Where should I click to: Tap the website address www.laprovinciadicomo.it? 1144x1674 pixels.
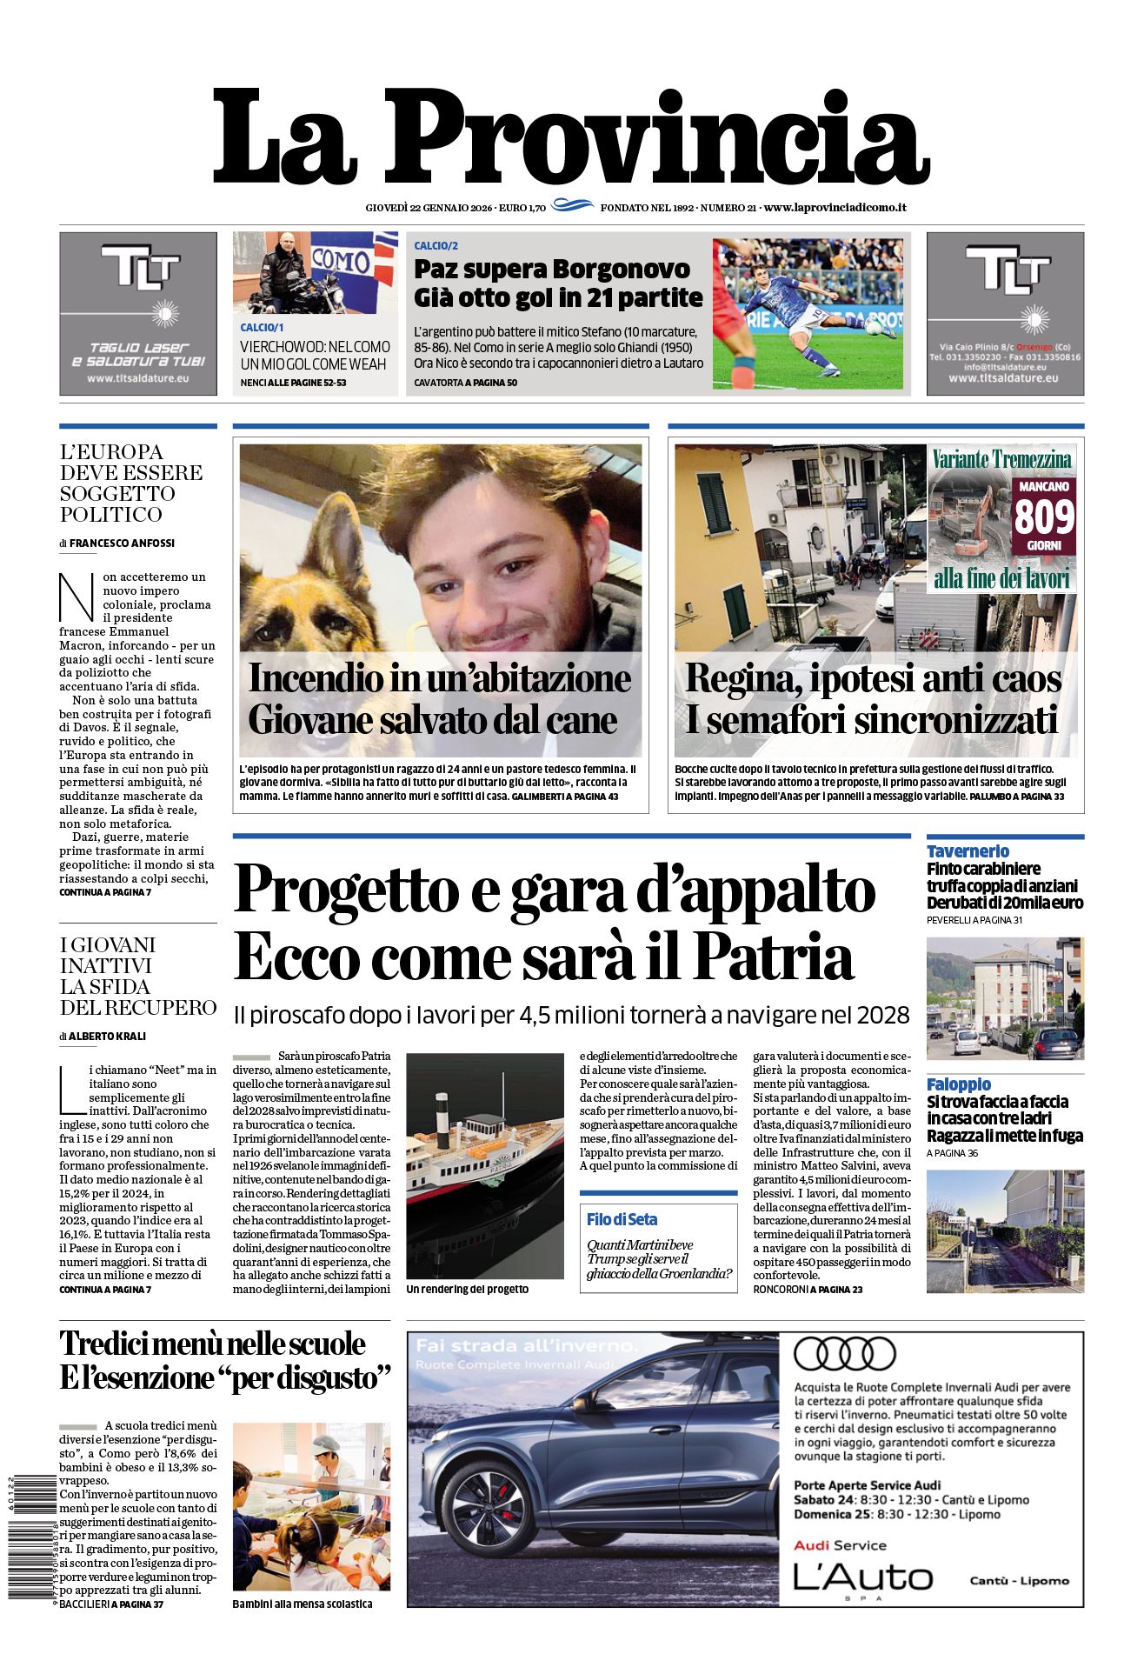(x=835, y=208)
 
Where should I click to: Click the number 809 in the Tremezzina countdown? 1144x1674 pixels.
(x=1044, y=517)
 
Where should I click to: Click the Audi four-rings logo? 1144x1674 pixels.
(x=844, y=1354)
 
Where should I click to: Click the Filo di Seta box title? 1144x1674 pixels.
(x=622, y=1219)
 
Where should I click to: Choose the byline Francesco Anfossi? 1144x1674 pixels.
(x=122, y=543)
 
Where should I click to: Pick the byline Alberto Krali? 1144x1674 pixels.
(x=107, y=1036)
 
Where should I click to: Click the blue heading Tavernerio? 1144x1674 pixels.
(x=968, y=851)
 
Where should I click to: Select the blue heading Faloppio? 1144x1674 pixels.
(x=958, y=1084)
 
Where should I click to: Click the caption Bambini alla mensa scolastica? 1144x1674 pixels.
(x=302, y=1604)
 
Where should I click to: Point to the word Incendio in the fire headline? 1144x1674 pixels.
(x=310, y=678)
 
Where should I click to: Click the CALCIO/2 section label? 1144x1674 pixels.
(x=436, y=246)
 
